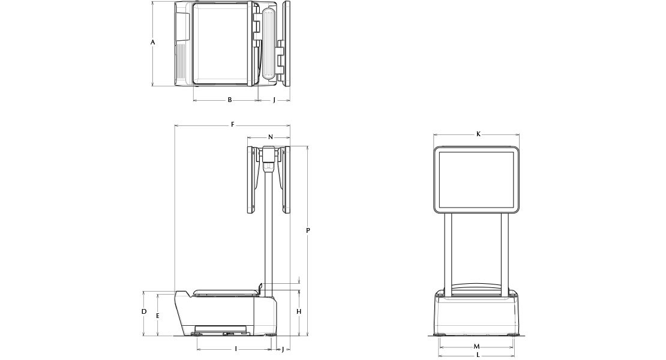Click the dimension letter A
tap(153, 42)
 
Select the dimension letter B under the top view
tap(230, 100)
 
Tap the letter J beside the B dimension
tap(274, 100)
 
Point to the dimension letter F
tap(233, 124)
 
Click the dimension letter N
tap(271, 137)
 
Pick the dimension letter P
tap(308, 230)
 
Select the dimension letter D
tap(144, 311)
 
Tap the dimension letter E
tap(158, 316)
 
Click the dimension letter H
tap(299, 311)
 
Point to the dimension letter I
tap(236, 349)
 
